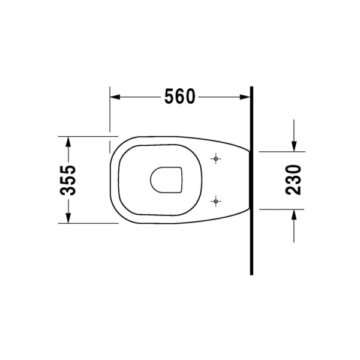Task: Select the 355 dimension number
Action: [70, 179]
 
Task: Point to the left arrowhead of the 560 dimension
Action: [114, 96]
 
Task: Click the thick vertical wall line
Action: [251, 180]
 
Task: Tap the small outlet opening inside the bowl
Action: [165, 180]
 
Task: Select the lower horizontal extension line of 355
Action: [84, 223]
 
